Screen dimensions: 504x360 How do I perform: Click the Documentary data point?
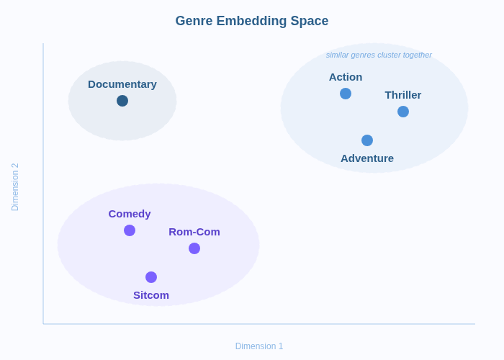pos(122,101)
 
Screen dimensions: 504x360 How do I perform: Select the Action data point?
pos(346,94)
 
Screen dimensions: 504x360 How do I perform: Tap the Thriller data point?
pos(403,112)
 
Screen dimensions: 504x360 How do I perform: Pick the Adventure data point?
pos(367,140)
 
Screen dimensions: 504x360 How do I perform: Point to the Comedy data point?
pos(130,230)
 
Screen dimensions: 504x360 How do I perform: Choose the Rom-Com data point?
pos(194,248)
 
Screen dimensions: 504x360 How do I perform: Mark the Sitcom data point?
pos(151,277)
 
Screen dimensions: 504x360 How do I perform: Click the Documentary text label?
pos(122,84)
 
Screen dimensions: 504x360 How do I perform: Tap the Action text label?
pos(346,77)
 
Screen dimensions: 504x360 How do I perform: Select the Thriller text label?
pos(403,95)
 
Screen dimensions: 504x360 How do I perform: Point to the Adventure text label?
pos(367,158)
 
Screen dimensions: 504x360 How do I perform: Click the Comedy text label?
pos(130,214)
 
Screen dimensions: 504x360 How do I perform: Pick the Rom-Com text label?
pos(194,232)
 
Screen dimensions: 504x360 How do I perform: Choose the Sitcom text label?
pos(151,295)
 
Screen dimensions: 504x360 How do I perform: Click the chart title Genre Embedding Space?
pos(252,21)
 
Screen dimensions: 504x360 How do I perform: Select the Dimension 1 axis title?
pos(259,346)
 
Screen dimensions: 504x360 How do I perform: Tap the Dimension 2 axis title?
pos(15,187)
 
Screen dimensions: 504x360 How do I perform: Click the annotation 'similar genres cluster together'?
pos(379,55)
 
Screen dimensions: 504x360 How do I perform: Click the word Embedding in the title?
pos(251,21)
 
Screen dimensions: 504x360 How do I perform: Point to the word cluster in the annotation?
pos(389,55)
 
